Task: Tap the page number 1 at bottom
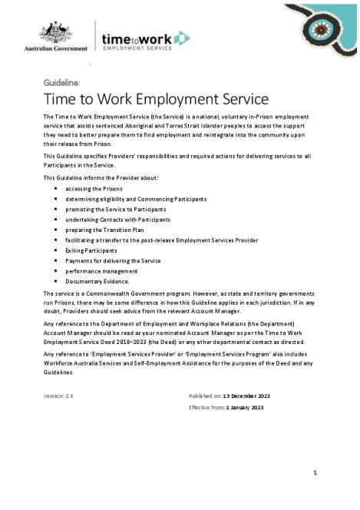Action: (x=315, y=472)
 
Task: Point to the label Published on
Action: (x=205, y=395)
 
